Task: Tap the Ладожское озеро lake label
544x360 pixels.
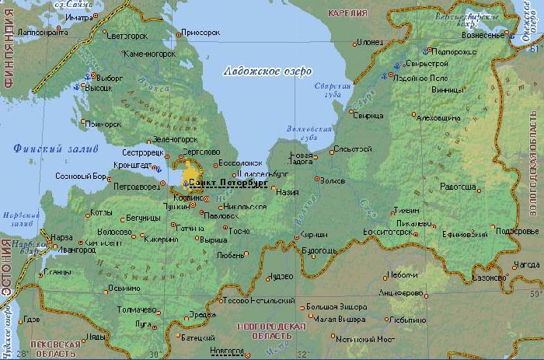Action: (267, 71)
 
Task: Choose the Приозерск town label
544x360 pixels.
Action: (197, 34)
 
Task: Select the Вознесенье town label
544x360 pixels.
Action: (483, 35)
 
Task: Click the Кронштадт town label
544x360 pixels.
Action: (130, 165)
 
